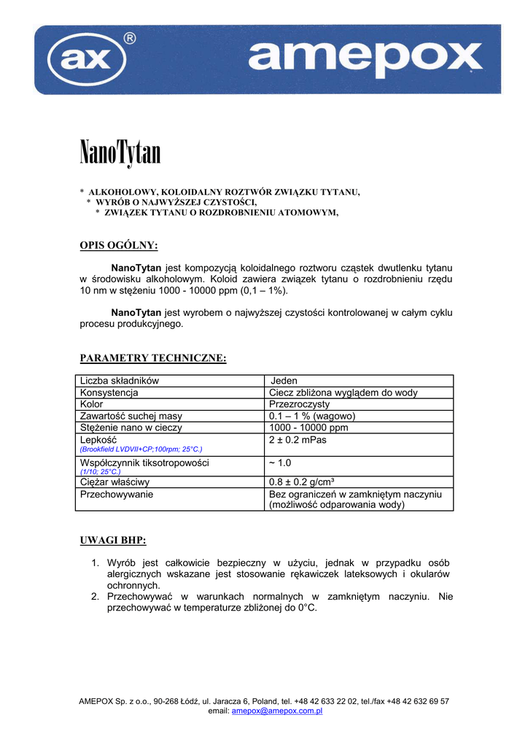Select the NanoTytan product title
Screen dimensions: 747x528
coord(120,153)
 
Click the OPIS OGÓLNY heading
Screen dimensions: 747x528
coord(118,245)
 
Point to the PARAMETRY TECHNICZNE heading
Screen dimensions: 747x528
coord(152,358)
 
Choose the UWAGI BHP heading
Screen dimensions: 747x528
coord(112,541)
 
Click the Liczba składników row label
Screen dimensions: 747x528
coord(120,381)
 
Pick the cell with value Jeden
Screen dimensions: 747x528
coord(284,381)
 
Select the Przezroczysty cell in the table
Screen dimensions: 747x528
coord(299,404)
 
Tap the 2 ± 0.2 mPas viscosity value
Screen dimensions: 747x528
coord(298,440)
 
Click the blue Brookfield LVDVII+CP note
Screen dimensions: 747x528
coord(141,449)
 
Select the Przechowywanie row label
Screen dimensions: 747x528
coord(116,494)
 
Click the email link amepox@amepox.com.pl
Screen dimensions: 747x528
coord(276,711)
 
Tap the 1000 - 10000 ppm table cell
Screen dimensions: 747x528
coord(308,427)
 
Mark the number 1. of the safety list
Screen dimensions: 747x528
coord(96,563)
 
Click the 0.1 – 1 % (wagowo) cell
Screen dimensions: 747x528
coord(312,416)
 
